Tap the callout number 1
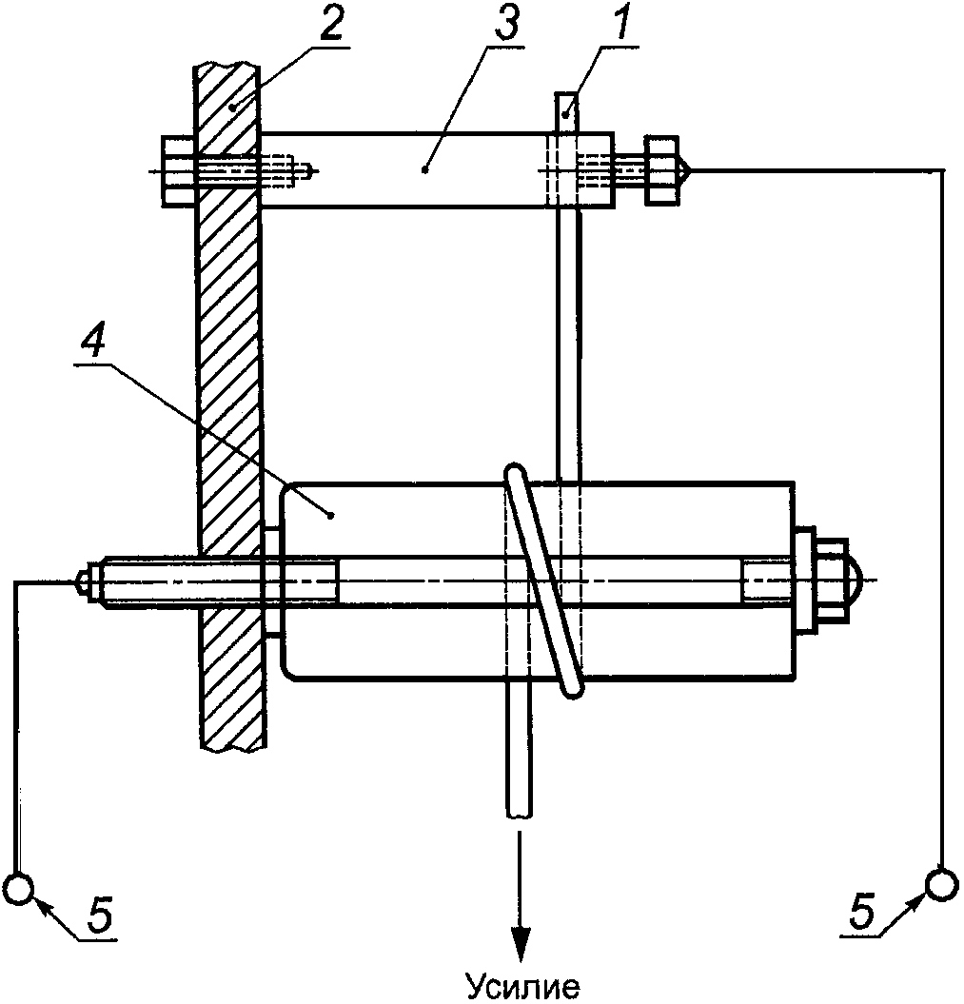coord(619,24)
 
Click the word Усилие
coord(522,987)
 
